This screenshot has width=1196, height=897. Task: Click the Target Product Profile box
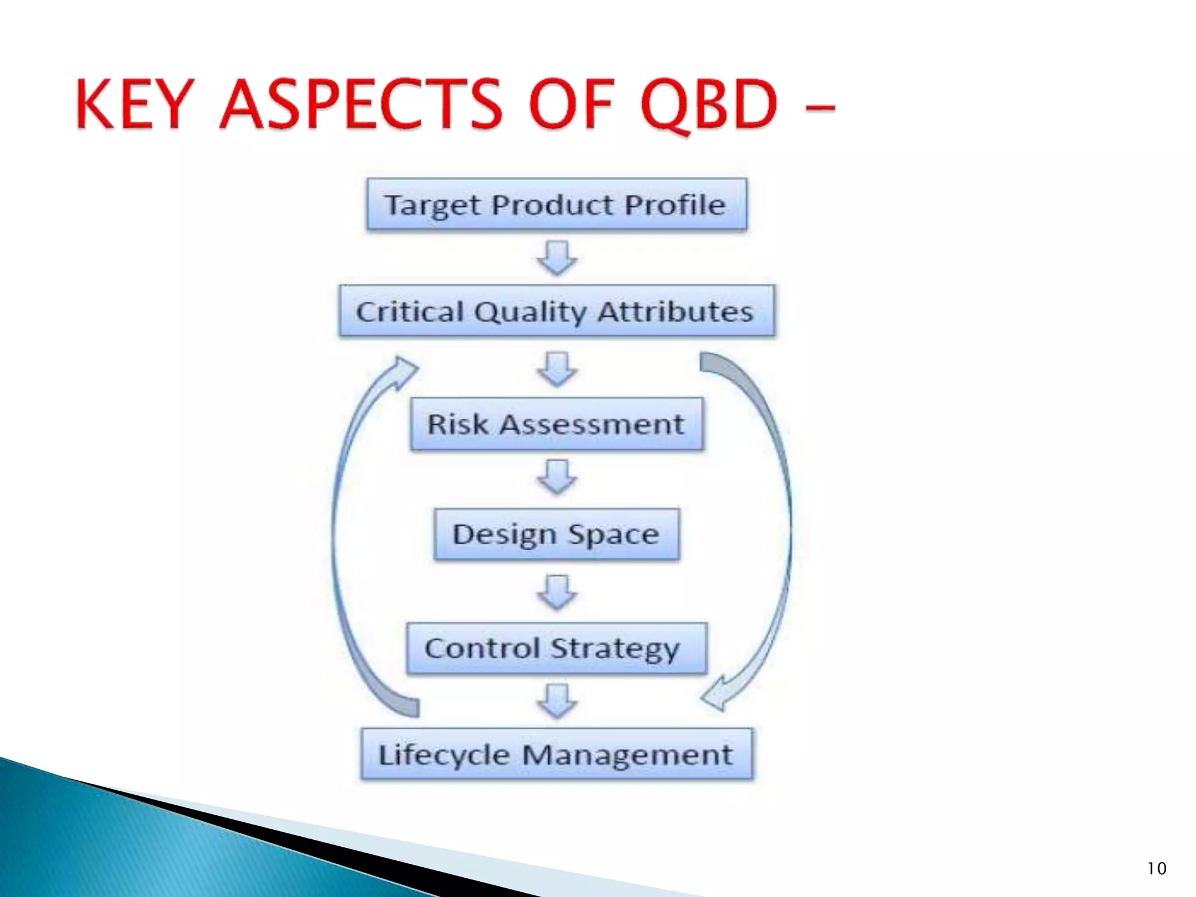(557, 204)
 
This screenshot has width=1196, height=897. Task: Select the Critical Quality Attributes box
(557, 311)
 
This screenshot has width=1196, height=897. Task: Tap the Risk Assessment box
(557, 424)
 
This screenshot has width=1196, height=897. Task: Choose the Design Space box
(557, 534)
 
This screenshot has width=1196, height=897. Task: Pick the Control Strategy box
(557, 648)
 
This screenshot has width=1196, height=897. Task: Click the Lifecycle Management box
(557, 754)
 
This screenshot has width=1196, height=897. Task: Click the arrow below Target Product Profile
(557, 258)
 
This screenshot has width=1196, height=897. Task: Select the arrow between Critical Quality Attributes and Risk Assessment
(557, 368)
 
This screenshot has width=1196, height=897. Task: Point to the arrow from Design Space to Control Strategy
(557, 592)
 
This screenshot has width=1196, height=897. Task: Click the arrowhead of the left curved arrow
(404, 370)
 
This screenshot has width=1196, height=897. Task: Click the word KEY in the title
(134, 105)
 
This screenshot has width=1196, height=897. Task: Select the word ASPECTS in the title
(360, 105)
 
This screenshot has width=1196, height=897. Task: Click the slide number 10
(1156, 868)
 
